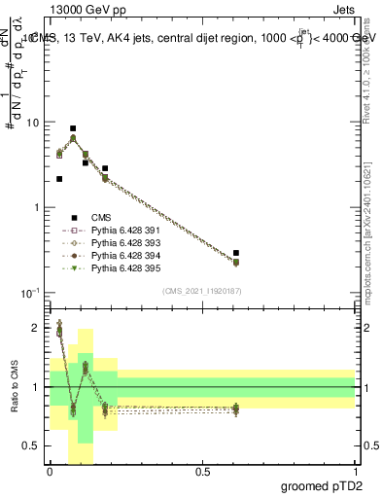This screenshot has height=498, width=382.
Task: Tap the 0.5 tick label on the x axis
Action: (202, 471)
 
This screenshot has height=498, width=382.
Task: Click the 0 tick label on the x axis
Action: (50, 471)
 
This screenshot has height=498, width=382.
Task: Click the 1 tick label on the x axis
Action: (355, 471)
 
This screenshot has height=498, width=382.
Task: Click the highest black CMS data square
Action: (73, 128)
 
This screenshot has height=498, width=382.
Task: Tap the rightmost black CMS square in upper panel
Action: (236, 253)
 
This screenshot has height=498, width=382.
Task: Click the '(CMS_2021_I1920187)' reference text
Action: (202, 290)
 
